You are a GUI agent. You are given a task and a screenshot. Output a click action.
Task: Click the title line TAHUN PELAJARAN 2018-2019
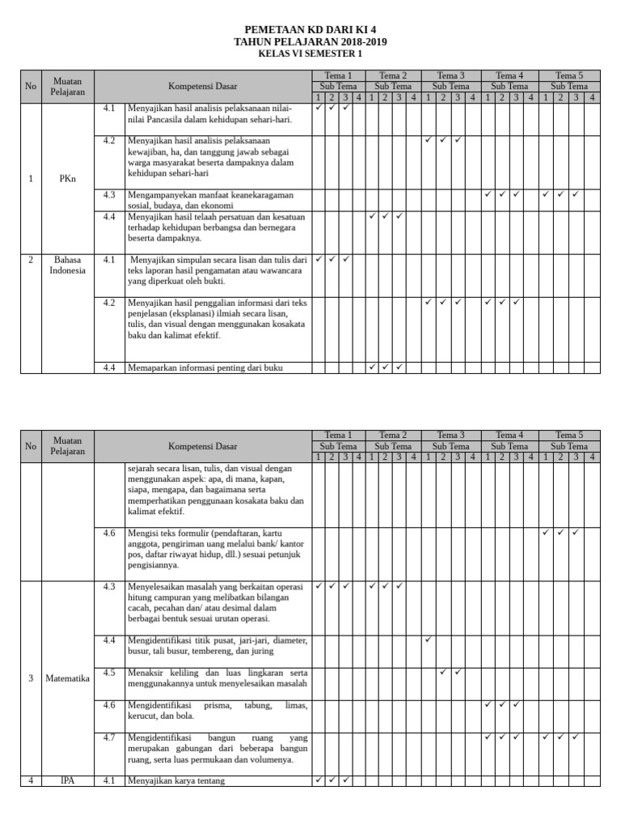310,41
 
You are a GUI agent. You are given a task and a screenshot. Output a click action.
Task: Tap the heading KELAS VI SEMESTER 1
310,53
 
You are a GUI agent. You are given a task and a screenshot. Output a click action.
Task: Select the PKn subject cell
68,179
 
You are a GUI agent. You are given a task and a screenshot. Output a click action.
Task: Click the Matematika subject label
68,678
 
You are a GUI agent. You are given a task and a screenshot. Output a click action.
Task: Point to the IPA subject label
68,780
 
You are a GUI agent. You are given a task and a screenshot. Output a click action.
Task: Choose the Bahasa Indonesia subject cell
68,265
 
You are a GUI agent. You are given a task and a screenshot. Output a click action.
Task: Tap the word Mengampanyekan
159,194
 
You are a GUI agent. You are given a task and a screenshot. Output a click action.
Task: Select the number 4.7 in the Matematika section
109,738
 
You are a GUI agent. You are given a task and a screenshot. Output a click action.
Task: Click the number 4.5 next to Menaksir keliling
109,672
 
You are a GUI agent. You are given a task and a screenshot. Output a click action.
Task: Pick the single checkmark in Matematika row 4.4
428,640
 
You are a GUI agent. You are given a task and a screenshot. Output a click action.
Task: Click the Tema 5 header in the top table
569,75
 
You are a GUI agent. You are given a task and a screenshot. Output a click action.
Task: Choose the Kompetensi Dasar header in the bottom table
202,446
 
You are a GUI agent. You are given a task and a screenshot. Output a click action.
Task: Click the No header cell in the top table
31,86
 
